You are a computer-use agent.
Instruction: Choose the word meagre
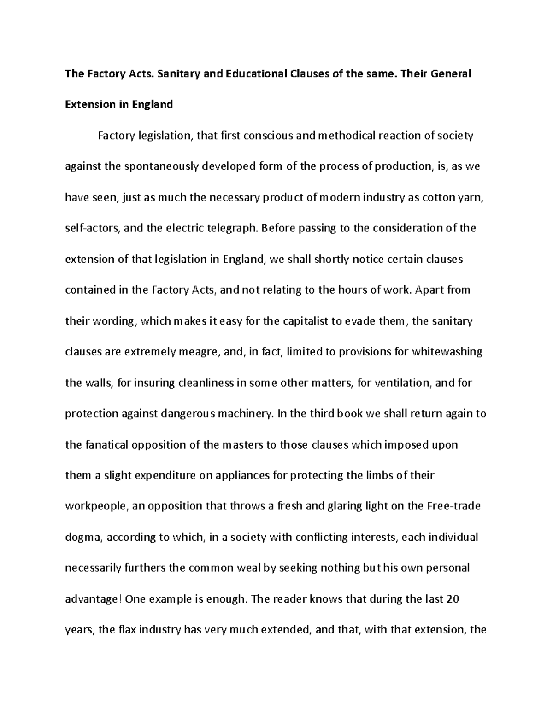tap(199, 352)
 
